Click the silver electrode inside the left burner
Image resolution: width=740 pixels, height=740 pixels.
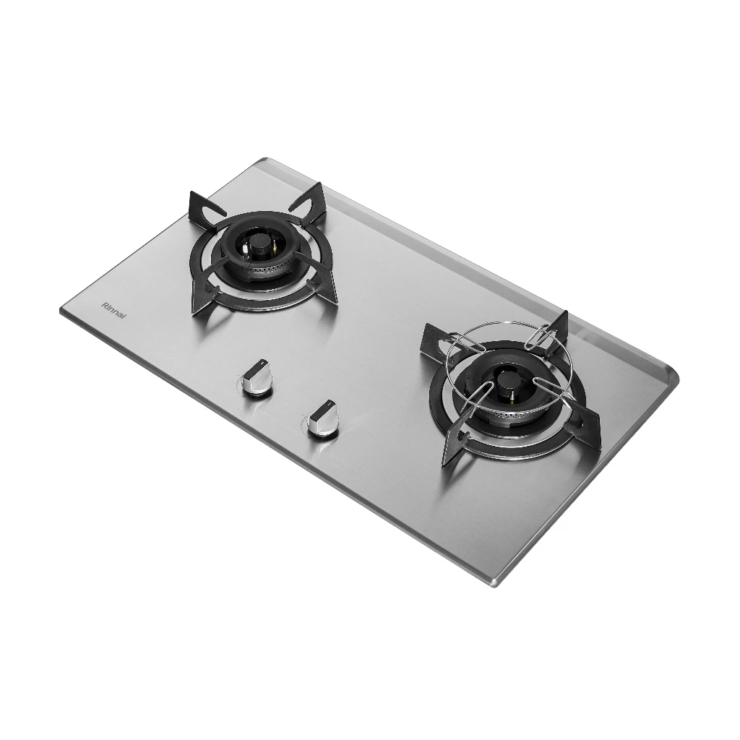[248, 250]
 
